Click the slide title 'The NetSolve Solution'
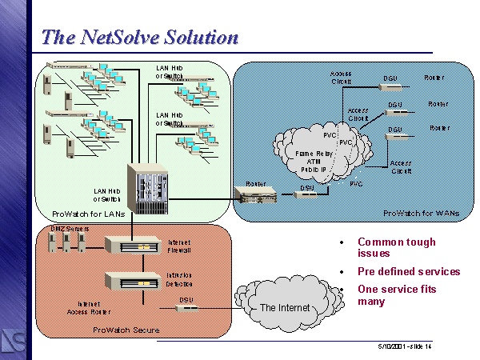coord(139,37)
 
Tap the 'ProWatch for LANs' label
coord(85,214)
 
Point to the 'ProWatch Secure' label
coord(126,329)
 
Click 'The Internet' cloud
coord(284,307)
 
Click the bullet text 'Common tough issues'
coord(397,247)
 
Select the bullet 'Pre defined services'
coord(409,271)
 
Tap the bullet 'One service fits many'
coord(397,294)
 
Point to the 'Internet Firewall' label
coord(179,246)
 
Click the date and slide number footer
coord(405,346)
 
